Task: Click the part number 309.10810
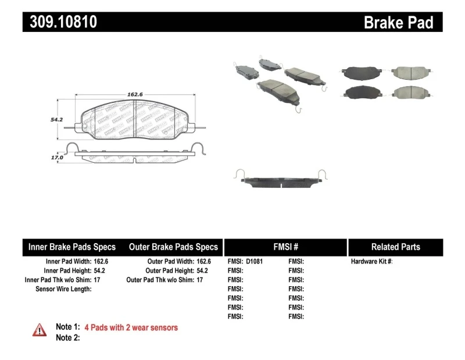coord(60,22)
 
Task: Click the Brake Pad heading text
coord(398,22)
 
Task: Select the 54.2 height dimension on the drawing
coord(56,119)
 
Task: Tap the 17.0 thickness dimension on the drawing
coord(56,157)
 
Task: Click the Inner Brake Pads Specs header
coord(72,247)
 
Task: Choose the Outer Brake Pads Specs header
coord(173,247)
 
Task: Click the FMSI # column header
coord(285,247)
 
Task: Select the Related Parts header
coord(395,247)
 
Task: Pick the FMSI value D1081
coord(254,262)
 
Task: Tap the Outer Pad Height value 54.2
coord(203,270)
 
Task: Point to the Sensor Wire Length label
coord(63,288)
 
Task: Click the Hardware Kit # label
coord(371,262)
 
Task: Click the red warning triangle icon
coord(40,330)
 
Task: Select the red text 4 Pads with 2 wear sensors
coord(131,327)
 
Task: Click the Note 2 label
coord(67,337)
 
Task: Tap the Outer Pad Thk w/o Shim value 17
coord(199,280)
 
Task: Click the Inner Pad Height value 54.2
coord(101,270)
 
